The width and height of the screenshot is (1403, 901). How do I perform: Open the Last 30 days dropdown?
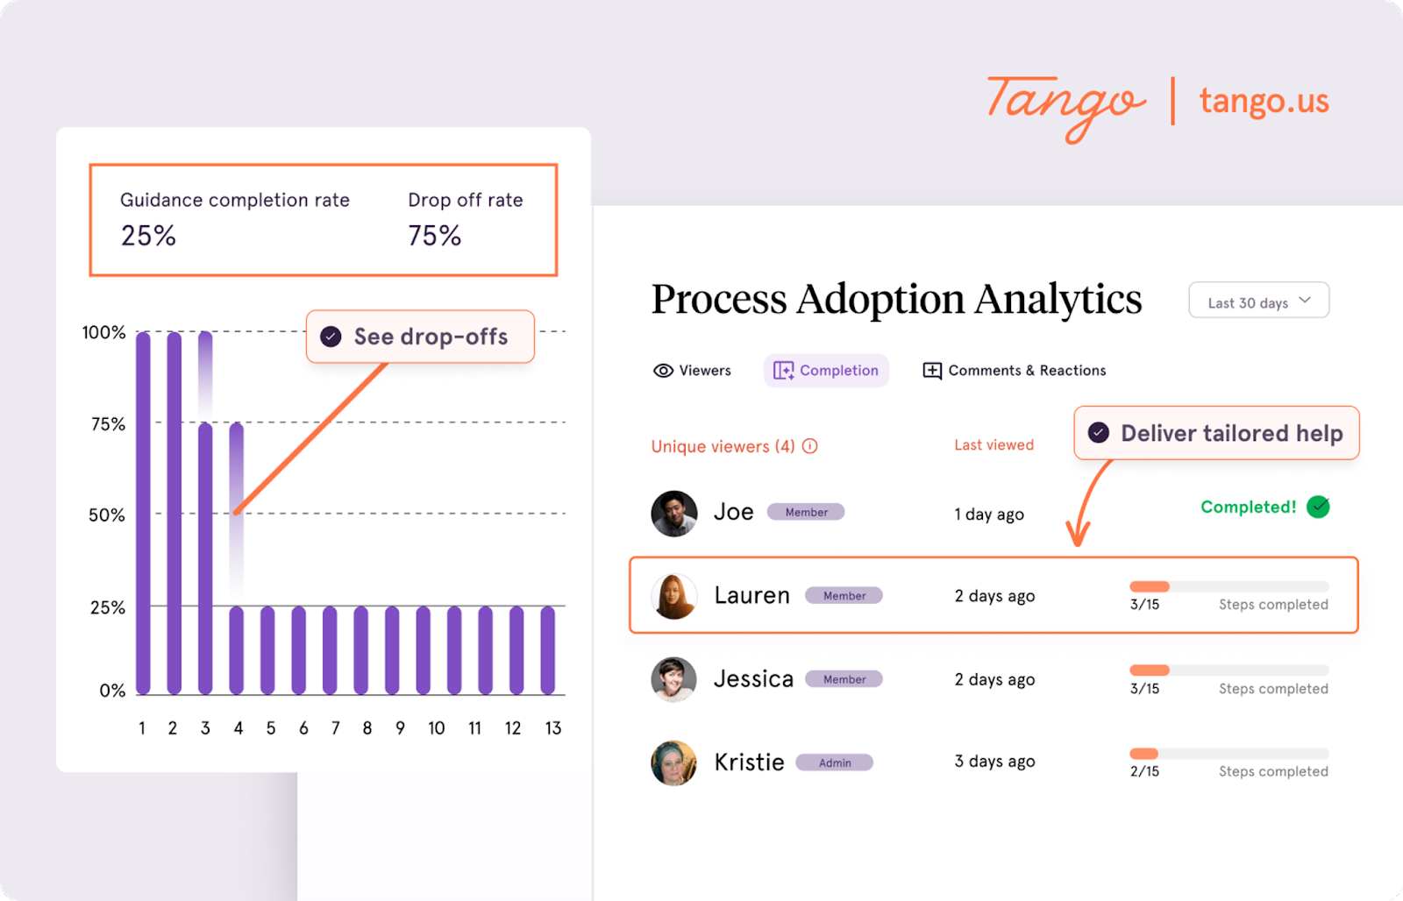coord(1258,301)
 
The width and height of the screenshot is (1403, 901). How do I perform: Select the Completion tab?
coord(826,371)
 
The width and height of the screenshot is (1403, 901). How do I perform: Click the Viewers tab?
coord(692,371)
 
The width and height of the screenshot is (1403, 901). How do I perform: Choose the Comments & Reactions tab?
coord(1015,371)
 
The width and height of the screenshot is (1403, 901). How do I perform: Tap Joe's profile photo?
coord(674,514)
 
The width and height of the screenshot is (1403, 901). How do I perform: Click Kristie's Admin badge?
coord(835,763)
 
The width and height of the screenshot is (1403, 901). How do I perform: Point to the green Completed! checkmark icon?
coord(1318,507)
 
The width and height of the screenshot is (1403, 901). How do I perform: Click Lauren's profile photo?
coord(674,596)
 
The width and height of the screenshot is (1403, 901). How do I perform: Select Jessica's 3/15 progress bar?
coord(1229,670)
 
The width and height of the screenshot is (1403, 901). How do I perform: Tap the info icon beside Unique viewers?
coord(810,446)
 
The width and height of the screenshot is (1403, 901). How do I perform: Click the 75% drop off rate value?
coord(434,236)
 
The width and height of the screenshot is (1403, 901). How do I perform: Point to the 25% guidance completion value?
coord(148,236)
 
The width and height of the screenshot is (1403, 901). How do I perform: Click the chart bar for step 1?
coord(143,513)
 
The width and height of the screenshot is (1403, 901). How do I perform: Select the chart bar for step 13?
coord(548,649)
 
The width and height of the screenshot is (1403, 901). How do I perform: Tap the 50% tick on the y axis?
coord(107,515)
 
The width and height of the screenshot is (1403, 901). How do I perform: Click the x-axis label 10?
coord(436,728)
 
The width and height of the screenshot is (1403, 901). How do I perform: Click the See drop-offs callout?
coord(420,337)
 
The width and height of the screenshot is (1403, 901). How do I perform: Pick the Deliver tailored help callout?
coord(1216,433)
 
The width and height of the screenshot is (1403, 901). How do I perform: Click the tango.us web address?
coord(1264,102)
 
